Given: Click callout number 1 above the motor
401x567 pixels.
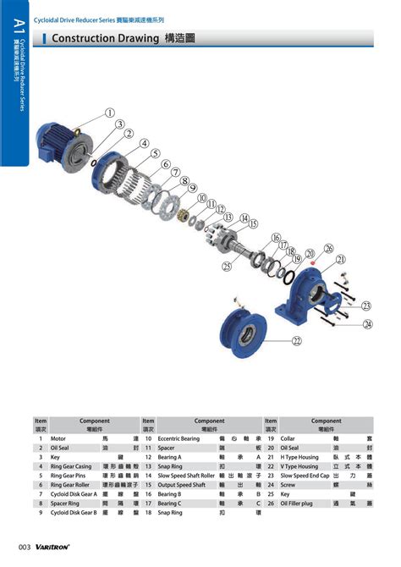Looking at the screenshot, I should (x=110, y=113).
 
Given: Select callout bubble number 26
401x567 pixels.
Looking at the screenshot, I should (x=329, y=248).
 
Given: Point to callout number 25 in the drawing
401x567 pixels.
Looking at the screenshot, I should (x=227, y=266).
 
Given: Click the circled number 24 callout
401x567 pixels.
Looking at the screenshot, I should (x=367, y=323).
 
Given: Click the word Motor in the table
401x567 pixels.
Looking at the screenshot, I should (x=58, y=439).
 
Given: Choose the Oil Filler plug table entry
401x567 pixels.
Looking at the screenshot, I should (x=300, y=504).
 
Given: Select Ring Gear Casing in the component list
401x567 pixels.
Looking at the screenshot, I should (x=71, y=466).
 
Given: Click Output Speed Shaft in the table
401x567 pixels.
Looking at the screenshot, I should (x=181, y=485).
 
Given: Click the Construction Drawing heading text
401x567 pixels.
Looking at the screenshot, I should (x=105, y=38).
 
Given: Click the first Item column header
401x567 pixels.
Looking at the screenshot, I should (x=41, y=421).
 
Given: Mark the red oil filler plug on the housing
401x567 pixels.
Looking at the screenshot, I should (x=313, y=262).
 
